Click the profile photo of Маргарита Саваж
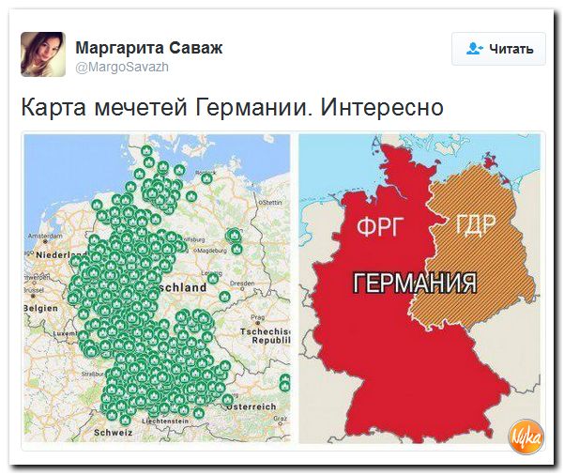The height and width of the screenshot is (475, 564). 43,54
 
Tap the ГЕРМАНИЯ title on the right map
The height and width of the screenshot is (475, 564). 414,283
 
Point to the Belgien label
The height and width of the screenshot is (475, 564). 40,306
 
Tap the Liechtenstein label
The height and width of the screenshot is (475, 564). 163,421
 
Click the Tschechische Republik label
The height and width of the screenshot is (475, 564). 267,338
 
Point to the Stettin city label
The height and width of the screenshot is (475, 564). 271,202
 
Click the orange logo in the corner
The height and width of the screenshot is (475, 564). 524,436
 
